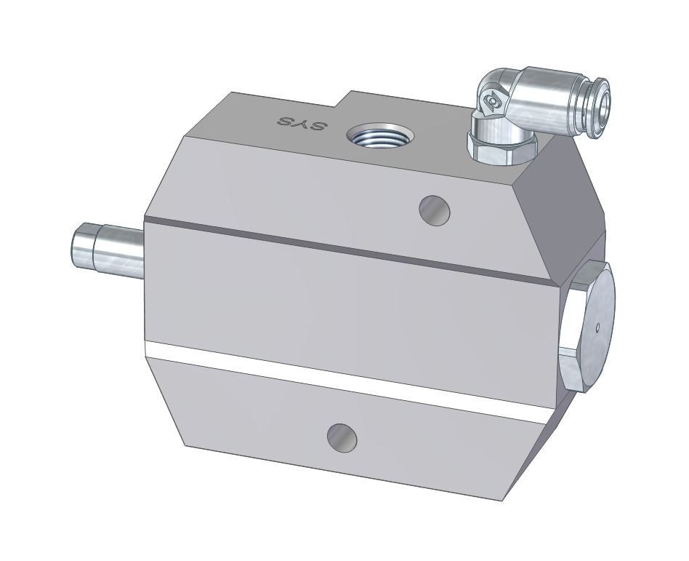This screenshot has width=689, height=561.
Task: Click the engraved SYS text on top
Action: coord(303,123)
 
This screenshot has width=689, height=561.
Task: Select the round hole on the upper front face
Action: coord(435,210)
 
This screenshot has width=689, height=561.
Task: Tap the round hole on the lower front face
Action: coord(342,438)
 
